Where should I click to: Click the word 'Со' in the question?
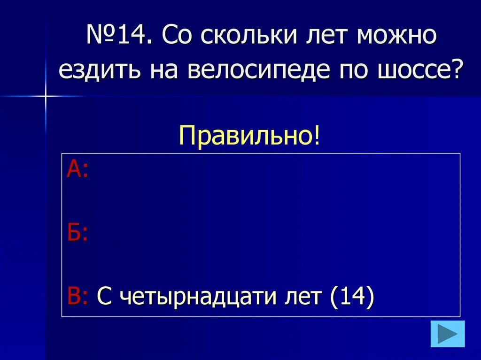177,37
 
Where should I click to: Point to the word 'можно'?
397,37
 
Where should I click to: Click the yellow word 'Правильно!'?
249,137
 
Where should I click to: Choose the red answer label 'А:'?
77,169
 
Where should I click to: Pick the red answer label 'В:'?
77,297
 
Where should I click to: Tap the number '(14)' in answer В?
352,297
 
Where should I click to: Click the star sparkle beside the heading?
46,96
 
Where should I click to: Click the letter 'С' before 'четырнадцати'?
103,297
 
